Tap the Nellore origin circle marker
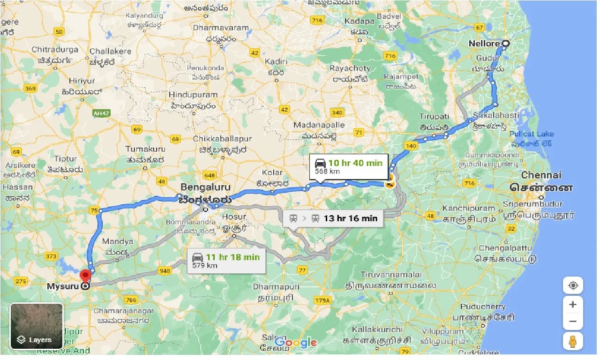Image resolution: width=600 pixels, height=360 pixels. point(505,44)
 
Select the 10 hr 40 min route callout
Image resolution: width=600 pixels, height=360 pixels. point(349,166)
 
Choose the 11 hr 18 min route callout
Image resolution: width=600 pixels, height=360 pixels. point(226,261)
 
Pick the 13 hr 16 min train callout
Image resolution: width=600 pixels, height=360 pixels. point(333,218)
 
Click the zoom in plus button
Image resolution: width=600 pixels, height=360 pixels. point(572,305)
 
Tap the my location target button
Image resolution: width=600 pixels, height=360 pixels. point(572,285)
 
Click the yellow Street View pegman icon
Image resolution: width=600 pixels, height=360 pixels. point(572,341)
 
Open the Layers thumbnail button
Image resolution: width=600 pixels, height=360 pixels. point(37,326)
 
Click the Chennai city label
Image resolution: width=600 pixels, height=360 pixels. point(541,175)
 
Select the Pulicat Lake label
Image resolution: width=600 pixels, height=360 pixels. point(532,134)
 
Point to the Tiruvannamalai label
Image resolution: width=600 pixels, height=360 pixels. point(384,274)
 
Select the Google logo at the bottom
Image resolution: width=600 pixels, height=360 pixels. point(295,343)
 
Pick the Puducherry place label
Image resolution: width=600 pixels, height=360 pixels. point(483,307)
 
